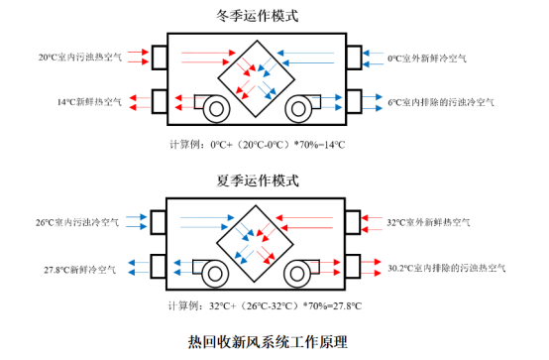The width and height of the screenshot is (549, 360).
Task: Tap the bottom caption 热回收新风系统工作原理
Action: pos(268,342)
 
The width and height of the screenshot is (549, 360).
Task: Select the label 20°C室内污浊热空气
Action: pos(79,59)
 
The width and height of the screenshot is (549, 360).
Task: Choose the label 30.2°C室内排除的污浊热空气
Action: pos(447,267)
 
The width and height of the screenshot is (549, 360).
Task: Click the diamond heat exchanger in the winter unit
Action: pos(255,79)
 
